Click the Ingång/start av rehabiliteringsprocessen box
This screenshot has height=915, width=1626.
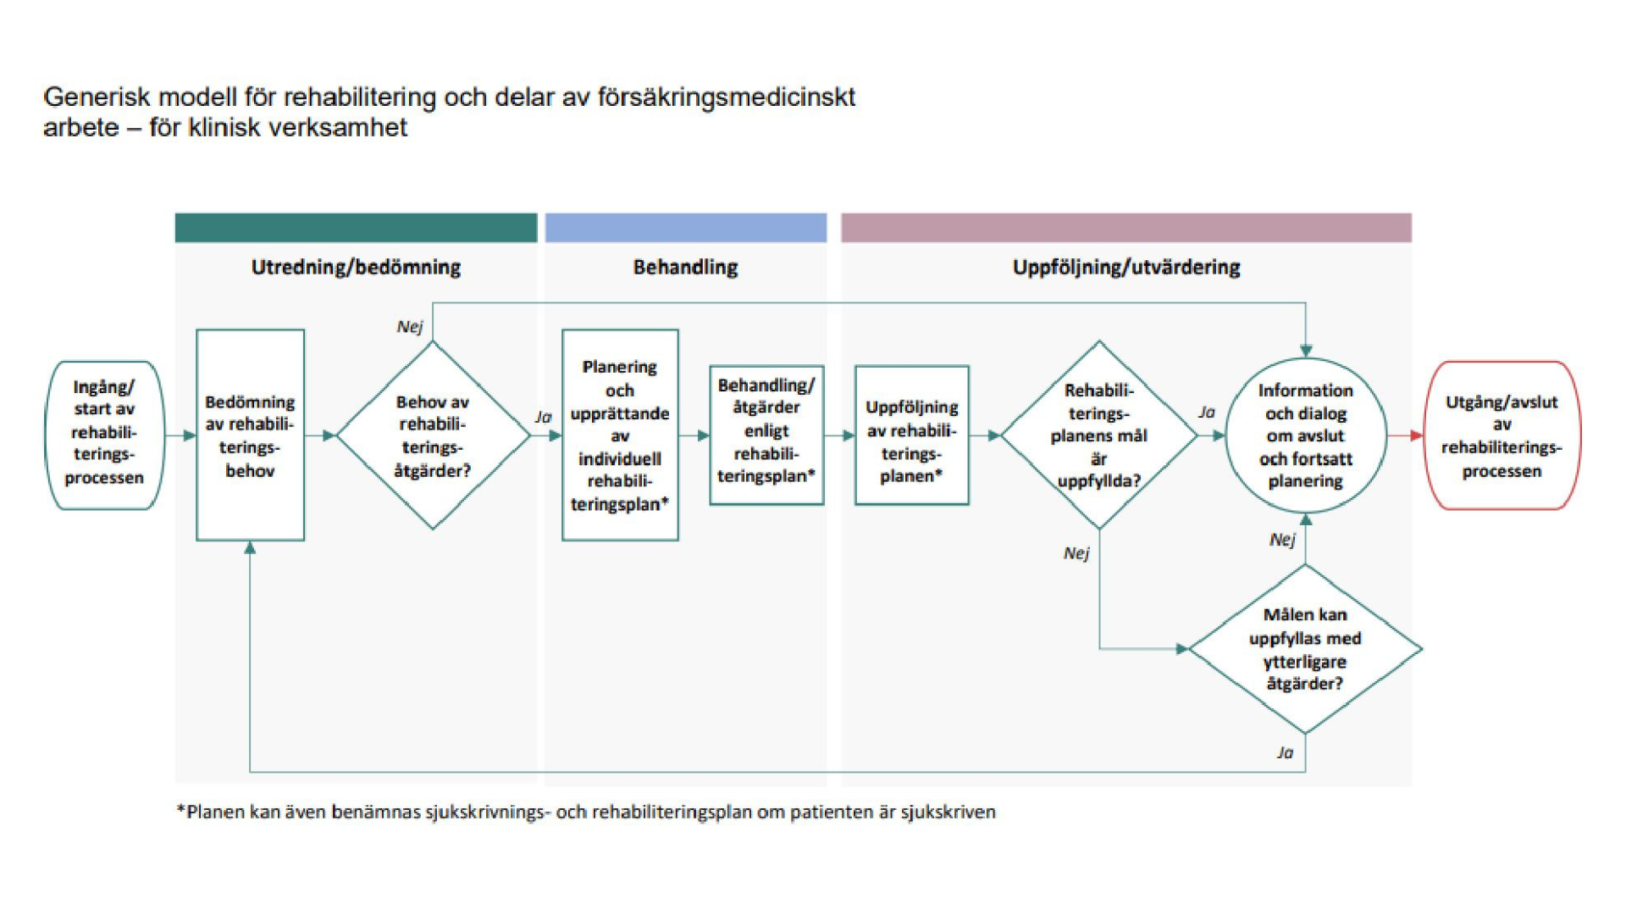point(104,435)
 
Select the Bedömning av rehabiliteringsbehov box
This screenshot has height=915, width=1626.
point(250,435)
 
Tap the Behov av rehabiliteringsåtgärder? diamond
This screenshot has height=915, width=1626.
point(433,435)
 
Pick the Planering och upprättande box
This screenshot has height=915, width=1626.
point(620,435)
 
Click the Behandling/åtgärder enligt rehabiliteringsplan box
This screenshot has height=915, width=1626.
point(766,435)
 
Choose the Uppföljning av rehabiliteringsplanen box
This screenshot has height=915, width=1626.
point(911,435)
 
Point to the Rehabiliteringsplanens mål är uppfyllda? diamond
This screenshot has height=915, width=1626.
point(1098,435)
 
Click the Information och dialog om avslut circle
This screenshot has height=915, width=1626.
point(1305,435)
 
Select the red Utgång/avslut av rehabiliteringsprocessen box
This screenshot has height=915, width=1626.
point(1502,435)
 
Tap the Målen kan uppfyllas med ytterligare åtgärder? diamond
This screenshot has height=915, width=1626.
point(1305,649)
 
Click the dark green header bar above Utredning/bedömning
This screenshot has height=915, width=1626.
point(356,228)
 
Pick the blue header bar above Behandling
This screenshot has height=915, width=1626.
point(685,228)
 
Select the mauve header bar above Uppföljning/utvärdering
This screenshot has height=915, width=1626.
point(1125,228)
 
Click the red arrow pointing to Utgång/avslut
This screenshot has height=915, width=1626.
point(1406,435)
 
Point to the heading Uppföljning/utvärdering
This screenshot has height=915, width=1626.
point(1125,268)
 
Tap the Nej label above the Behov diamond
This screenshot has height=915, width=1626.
point(409,327)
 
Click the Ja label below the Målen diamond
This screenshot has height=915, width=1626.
point(1285,752)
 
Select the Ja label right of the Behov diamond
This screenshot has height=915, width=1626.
point(543,417)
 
